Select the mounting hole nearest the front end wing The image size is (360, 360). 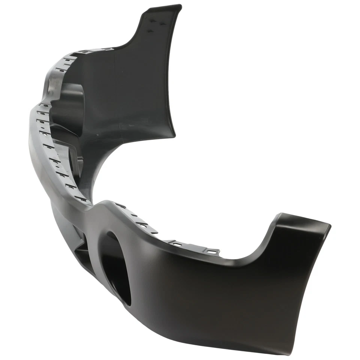[x=212, y=251]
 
